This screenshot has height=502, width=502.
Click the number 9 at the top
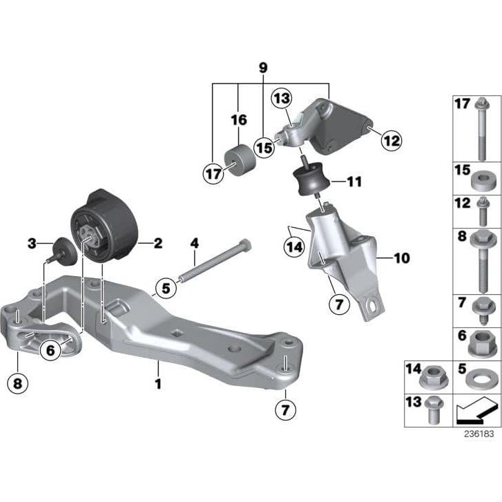coord(262,68)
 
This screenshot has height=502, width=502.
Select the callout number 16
coord(238,120)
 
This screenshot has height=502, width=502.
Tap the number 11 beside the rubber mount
coord(354,183)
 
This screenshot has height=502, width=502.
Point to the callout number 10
coord(401,258)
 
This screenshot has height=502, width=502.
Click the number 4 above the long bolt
coord(195,243)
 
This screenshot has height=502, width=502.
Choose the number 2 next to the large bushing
coord(158,242)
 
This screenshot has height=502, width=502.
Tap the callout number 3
coord(31,243)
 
